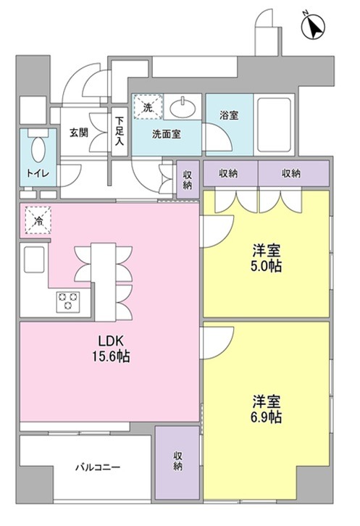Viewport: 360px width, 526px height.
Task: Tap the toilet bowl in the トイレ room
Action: click(x=38, y=149)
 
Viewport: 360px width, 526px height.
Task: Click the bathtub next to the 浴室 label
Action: click(x=274, y=125)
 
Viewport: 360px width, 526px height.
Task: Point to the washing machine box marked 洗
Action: click(x=148, y=107)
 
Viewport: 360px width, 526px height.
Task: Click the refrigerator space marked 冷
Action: click(x=38, y=220)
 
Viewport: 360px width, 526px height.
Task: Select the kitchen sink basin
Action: click(x=33, y=259)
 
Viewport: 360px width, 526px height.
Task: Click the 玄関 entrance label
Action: click(x=78, y=133)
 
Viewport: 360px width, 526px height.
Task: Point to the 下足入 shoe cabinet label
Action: click(x=120, y=131)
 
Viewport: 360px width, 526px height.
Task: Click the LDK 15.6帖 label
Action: click(x=111, y=349)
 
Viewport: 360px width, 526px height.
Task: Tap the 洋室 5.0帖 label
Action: click(x=266, y=258)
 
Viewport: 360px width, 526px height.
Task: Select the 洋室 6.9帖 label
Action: click(x=266, y=409)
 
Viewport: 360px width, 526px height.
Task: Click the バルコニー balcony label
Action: click(x=98, y=467)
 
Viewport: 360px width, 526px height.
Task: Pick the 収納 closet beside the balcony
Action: click(x=177, y=462)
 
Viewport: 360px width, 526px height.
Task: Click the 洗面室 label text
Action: click(x=167, y=135)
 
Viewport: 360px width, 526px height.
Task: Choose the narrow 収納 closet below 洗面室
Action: click(x=187, y=180)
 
